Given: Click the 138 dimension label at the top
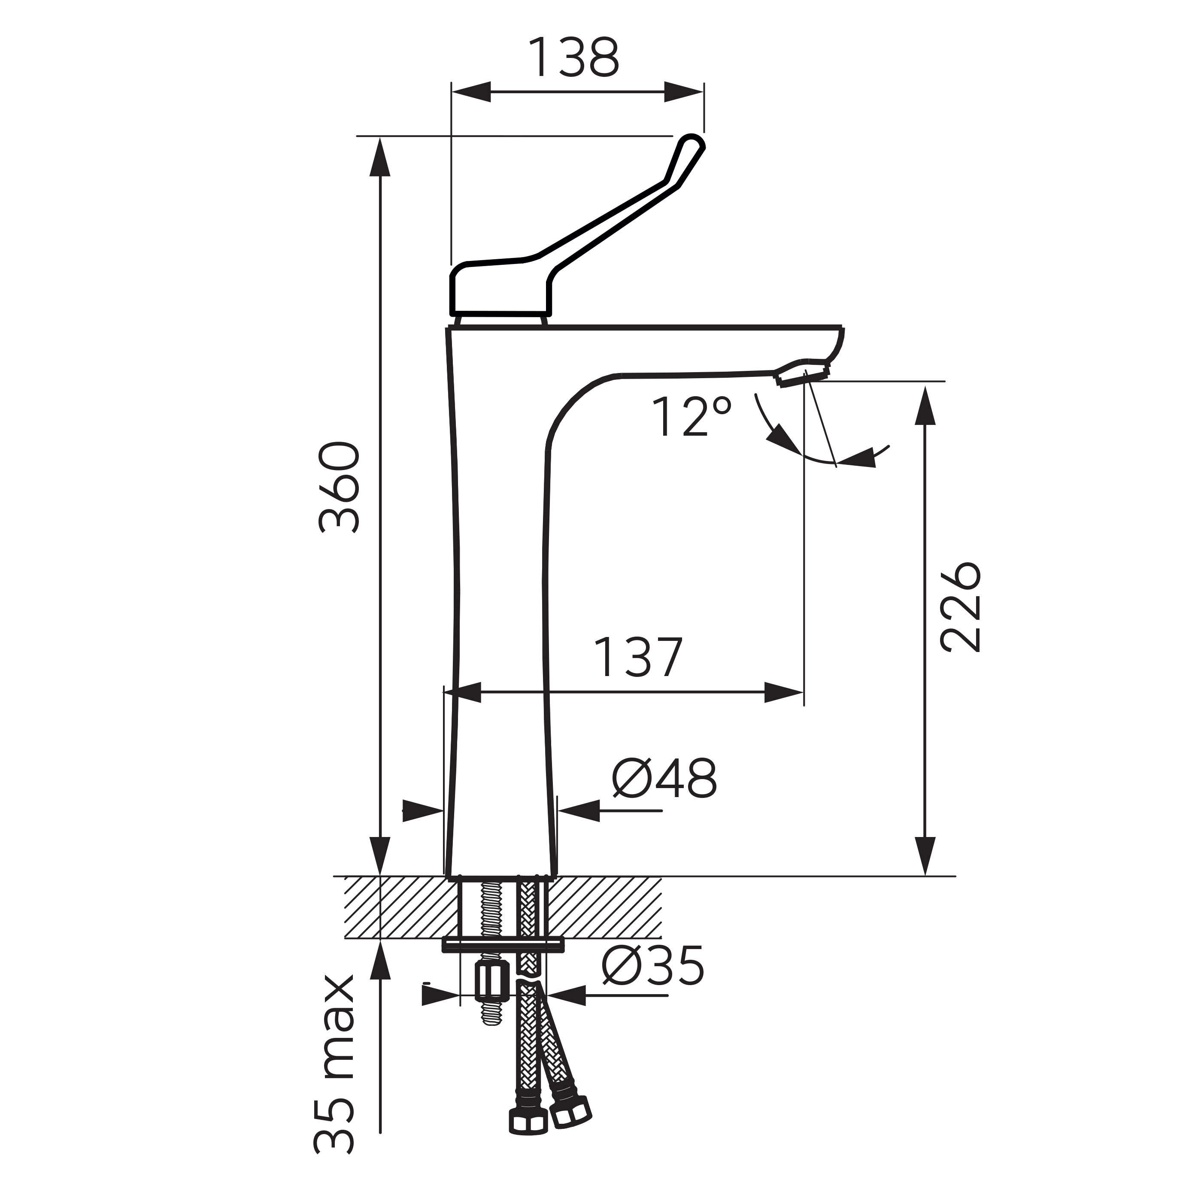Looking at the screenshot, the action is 574,58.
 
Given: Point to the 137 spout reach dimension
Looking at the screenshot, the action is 638,656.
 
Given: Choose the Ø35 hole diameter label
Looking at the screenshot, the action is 653,965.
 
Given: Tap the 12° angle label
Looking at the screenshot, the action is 692,416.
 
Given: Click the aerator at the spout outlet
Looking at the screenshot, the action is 802,373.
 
